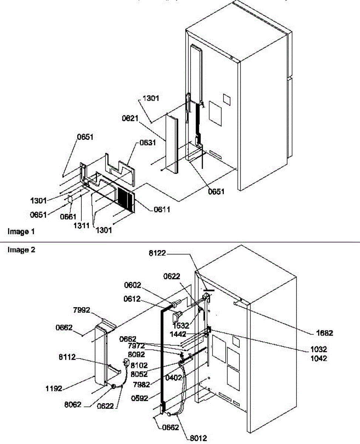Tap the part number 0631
(147, 144)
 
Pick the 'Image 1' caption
(21, 232)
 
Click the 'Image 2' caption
(21, 250)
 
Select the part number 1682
(325, 333)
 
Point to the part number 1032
(319, 349)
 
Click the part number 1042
(319, 358)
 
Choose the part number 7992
(81, 310)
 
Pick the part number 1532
(181, 326)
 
